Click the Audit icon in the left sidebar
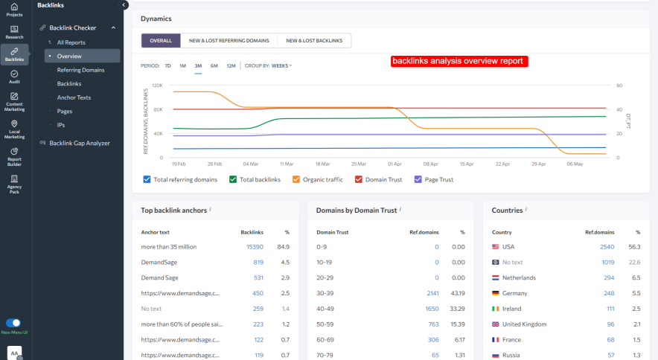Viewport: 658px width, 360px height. [14, 74]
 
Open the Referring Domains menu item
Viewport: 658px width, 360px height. [80, 70]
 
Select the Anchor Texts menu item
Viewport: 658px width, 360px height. [74, 97]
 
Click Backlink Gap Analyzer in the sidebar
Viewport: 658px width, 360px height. [79, 143]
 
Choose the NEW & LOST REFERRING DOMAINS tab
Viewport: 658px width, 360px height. [229, 41]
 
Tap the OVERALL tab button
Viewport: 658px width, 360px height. [161, 41]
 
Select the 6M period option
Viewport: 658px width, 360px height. [214, 65]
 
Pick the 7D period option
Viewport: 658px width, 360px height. [167, 65]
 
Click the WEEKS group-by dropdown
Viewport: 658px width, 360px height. [281, 65]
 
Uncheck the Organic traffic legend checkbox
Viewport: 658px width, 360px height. [296, 179]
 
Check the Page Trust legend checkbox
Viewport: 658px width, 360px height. [418, 179]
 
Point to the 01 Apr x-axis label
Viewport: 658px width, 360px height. [395, 164]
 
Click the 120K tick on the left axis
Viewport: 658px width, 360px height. [157, 86]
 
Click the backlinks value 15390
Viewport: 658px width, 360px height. [255, 246]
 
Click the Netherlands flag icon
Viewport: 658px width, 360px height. [496, 277]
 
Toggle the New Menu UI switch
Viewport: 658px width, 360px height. [13, 323]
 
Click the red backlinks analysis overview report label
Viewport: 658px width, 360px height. [459, 61]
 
